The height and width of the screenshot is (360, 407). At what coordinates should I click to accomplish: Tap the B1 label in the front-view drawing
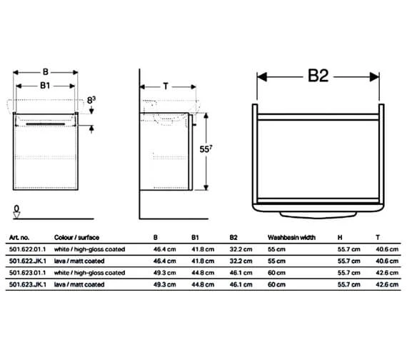pos(44,85)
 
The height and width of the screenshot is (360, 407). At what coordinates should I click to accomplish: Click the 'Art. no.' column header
pos(19,236)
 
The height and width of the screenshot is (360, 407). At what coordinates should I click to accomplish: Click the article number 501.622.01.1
pos(29,249)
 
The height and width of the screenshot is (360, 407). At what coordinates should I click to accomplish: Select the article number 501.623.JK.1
pos(29,284)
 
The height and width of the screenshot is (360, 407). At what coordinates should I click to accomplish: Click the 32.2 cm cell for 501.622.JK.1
pos(241,261)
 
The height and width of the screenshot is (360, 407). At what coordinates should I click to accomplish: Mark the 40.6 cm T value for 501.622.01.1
pos(386,249)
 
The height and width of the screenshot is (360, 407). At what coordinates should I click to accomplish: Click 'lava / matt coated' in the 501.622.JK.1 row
pos(79,261)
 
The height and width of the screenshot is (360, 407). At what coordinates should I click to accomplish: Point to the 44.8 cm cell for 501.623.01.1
pos(202,272)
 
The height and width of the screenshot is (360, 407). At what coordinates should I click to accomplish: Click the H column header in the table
pos(338,236)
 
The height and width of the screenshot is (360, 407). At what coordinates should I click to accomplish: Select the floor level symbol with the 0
pos(16,210)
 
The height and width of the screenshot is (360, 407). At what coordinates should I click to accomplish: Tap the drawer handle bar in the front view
pos(46,123)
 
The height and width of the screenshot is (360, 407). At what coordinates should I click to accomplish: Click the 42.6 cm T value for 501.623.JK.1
pos(386,284)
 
